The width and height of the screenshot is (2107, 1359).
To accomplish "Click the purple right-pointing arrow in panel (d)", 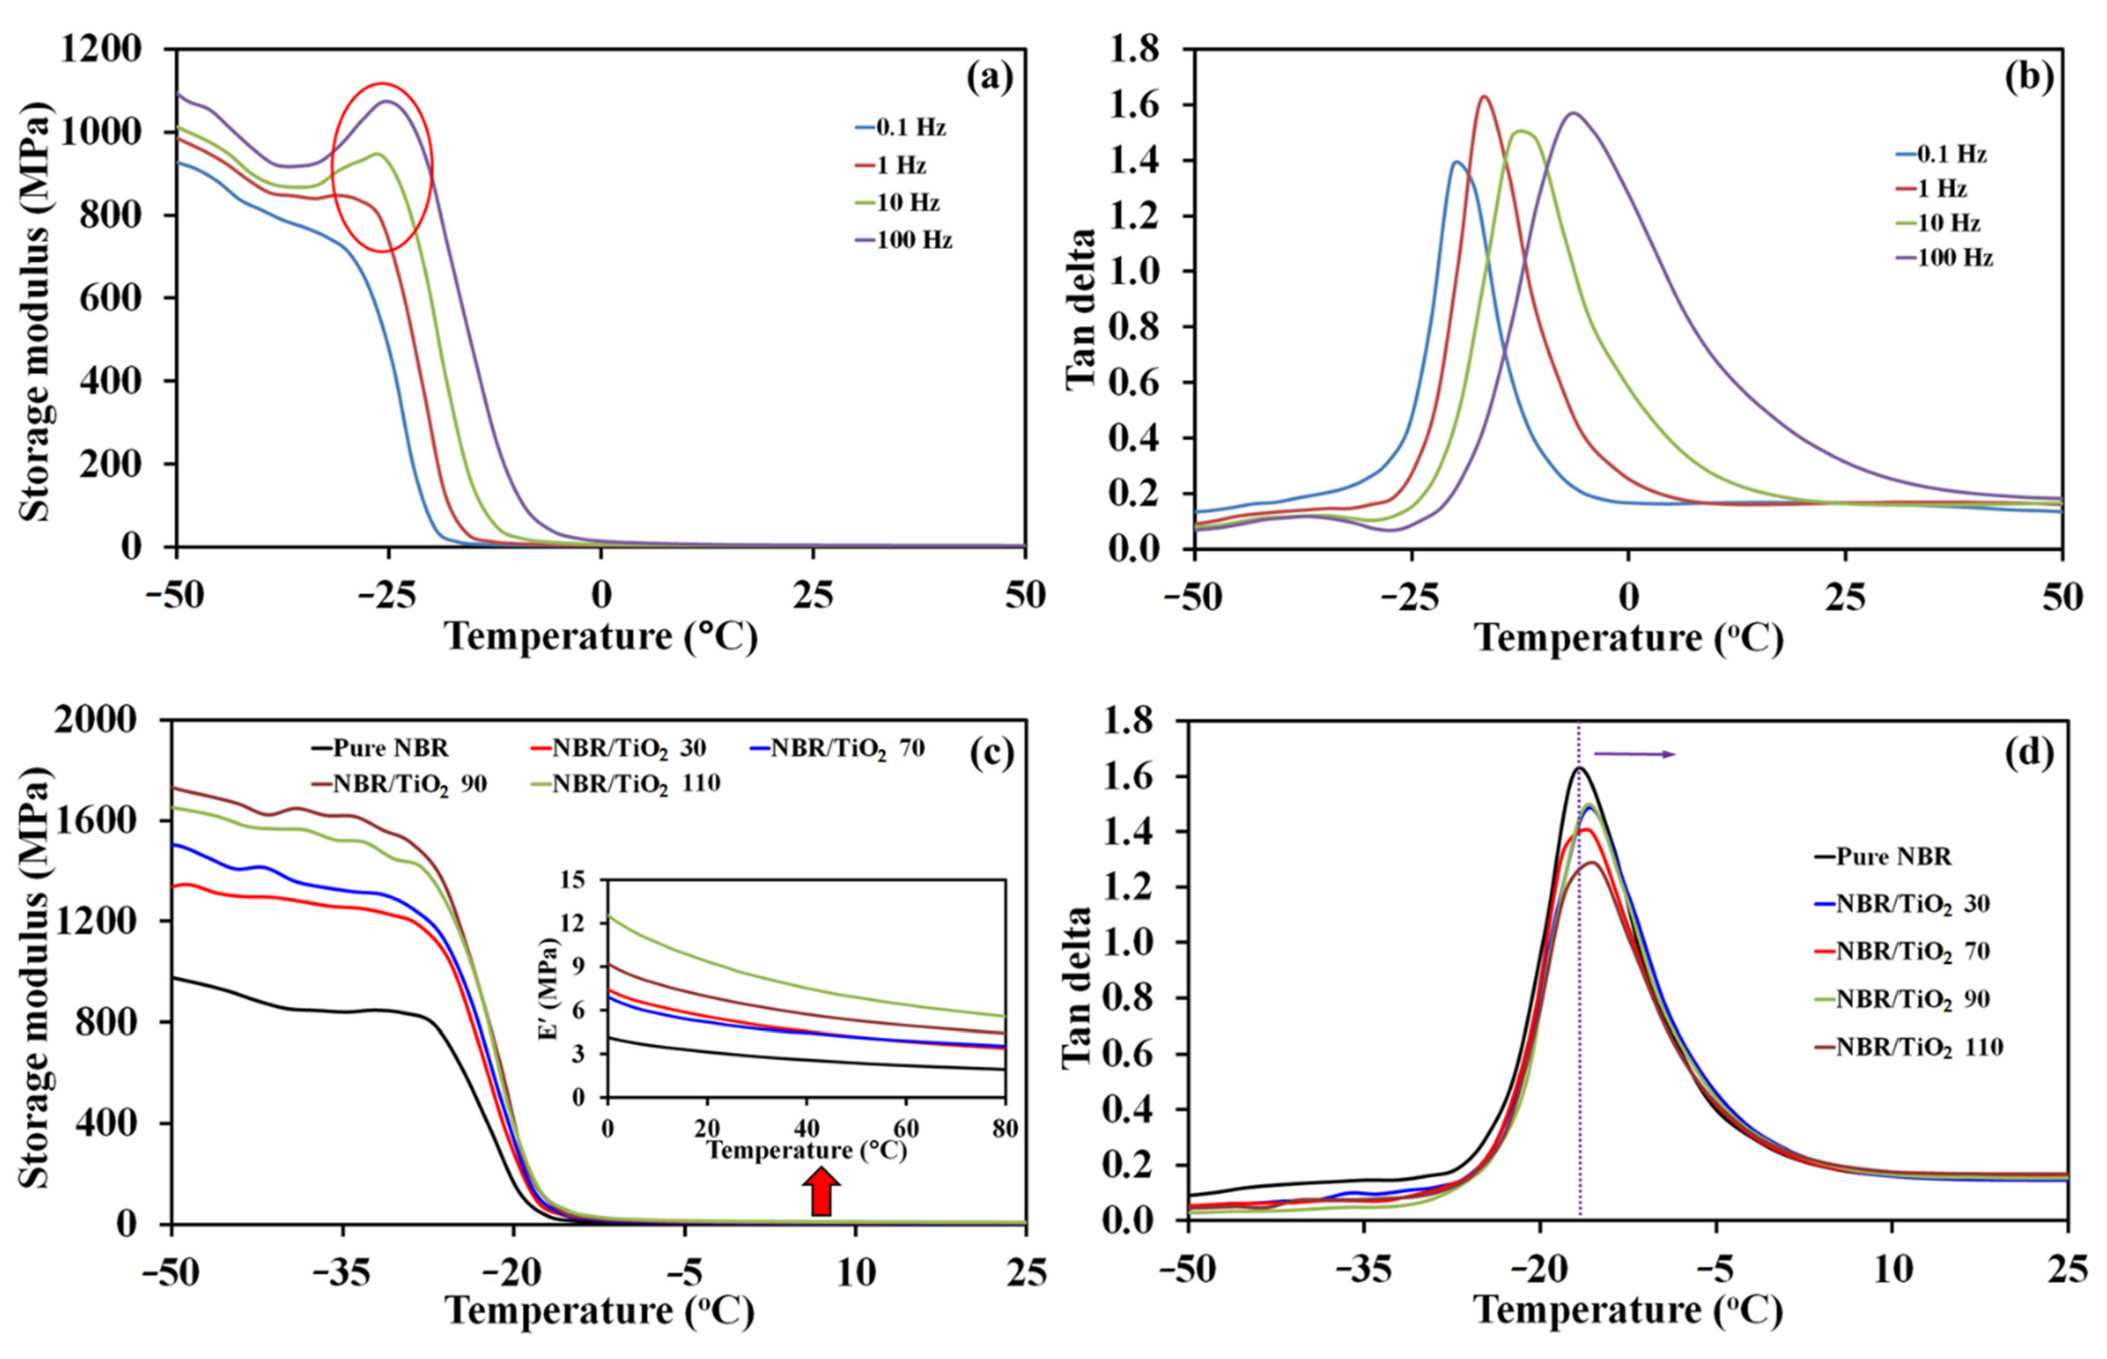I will coord(1634,754).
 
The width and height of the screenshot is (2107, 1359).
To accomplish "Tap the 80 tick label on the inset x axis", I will coord(1004,1128).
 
